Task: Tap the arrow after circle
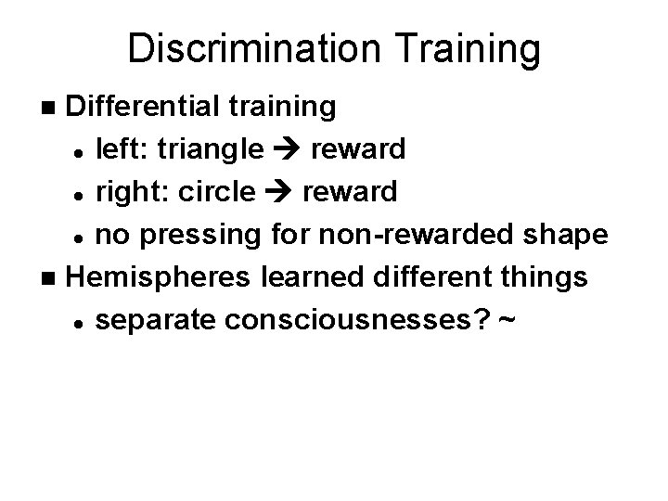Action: [x=279, y=192]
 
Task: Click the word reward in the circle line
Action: [x=350, y=191]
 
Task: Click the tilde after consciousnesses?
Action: [x=507, y=318]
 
